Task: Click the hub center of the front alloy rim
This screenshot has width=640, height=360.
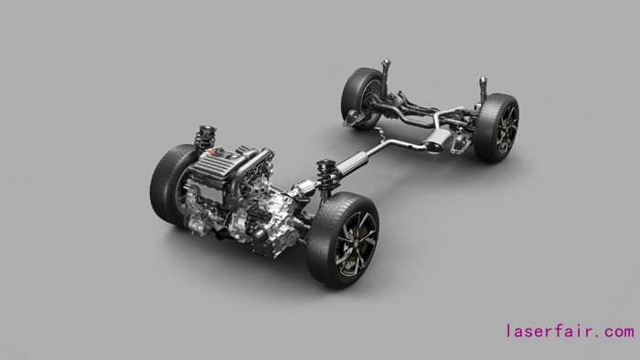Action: point(356,243)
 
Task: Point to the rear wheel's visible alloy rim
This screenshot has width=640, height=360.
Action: point(508,130)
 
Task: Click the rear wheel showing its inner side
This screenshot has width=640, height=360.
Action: point(360,98)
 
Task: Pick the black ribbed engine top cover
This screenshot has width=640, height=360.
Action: point(210,167)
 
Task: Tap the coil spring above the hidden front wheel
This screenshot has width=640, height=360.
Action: point(206,137)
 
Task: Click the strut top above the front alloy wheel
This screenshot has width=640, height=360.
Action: point(326,165)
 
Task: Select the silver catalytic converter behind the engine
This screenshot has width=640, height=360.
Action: point(304,188)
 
